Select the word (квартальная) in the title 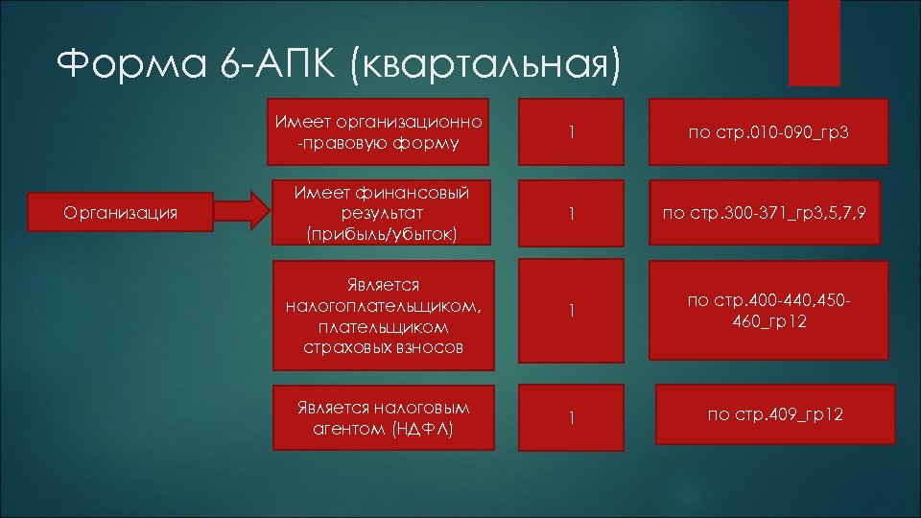(485, 67)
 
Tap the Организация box (119, 213)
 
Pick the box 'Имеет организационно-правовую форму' (378, 132)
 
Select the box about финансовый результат (378, 213)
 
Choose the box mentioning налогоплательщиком (378, 316)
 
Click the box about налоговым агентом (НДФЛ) (378, 417)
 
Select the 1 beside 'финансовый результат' (571, 213)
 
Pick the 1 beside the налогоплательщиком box (571, 311)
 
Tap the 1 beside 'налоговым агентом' (571, 417)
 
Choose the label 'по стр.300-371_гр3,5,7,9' (765, 213)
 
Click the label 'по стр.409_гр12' (775, 414)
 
